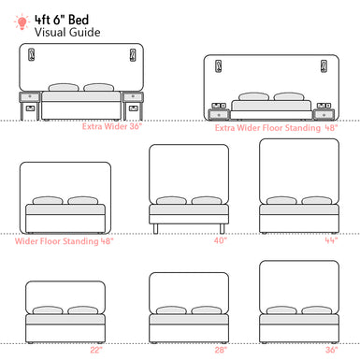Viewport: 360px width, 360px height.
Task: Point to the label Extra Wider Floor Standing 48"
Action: [x=276, y=128]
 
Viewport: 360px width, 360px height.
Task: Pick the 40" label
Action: [x=220, y=240]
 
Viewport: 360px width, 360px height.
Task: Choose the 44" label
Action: [x=330, y=240]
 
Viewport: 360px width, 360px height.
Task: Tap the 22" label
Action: [x=96, y=350]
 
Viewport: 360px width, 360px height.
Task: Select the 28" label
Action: [x=220, y=350]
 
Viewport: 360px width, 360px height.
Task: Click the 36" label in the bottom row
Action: [x=331, y=350]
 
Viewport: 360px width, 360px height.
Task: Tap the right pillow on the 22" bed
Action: [x=83, y=310]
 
